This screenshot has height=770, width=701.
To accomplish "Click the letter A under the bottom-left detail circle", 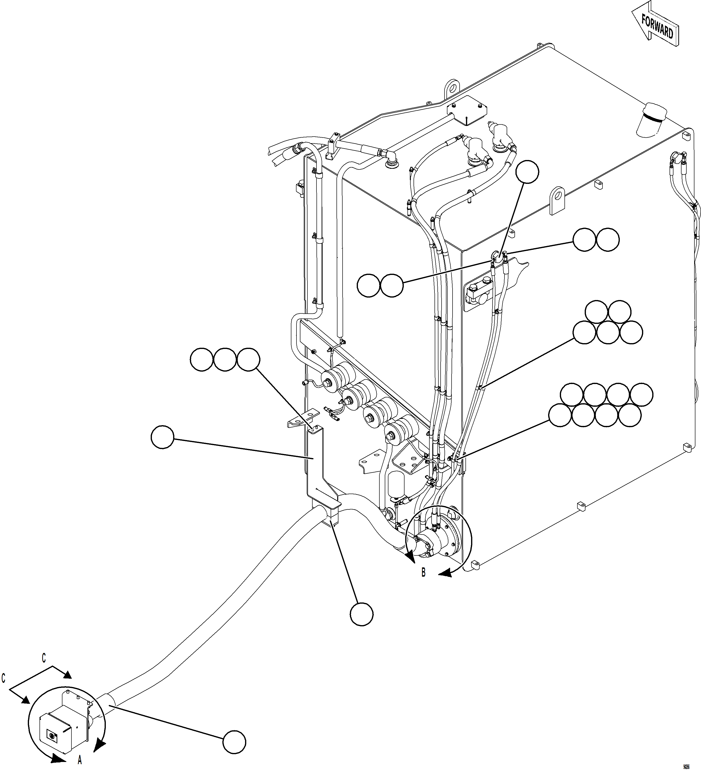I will pyautogui.click(x=79, y=760).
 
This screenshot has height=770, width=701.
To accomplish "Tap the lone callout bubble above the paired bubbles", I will pyautogui.click(x=527, y=172).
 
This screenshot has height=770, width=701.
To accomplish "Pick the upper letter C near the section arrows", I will pyautogui.click(x=44, y=658).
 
